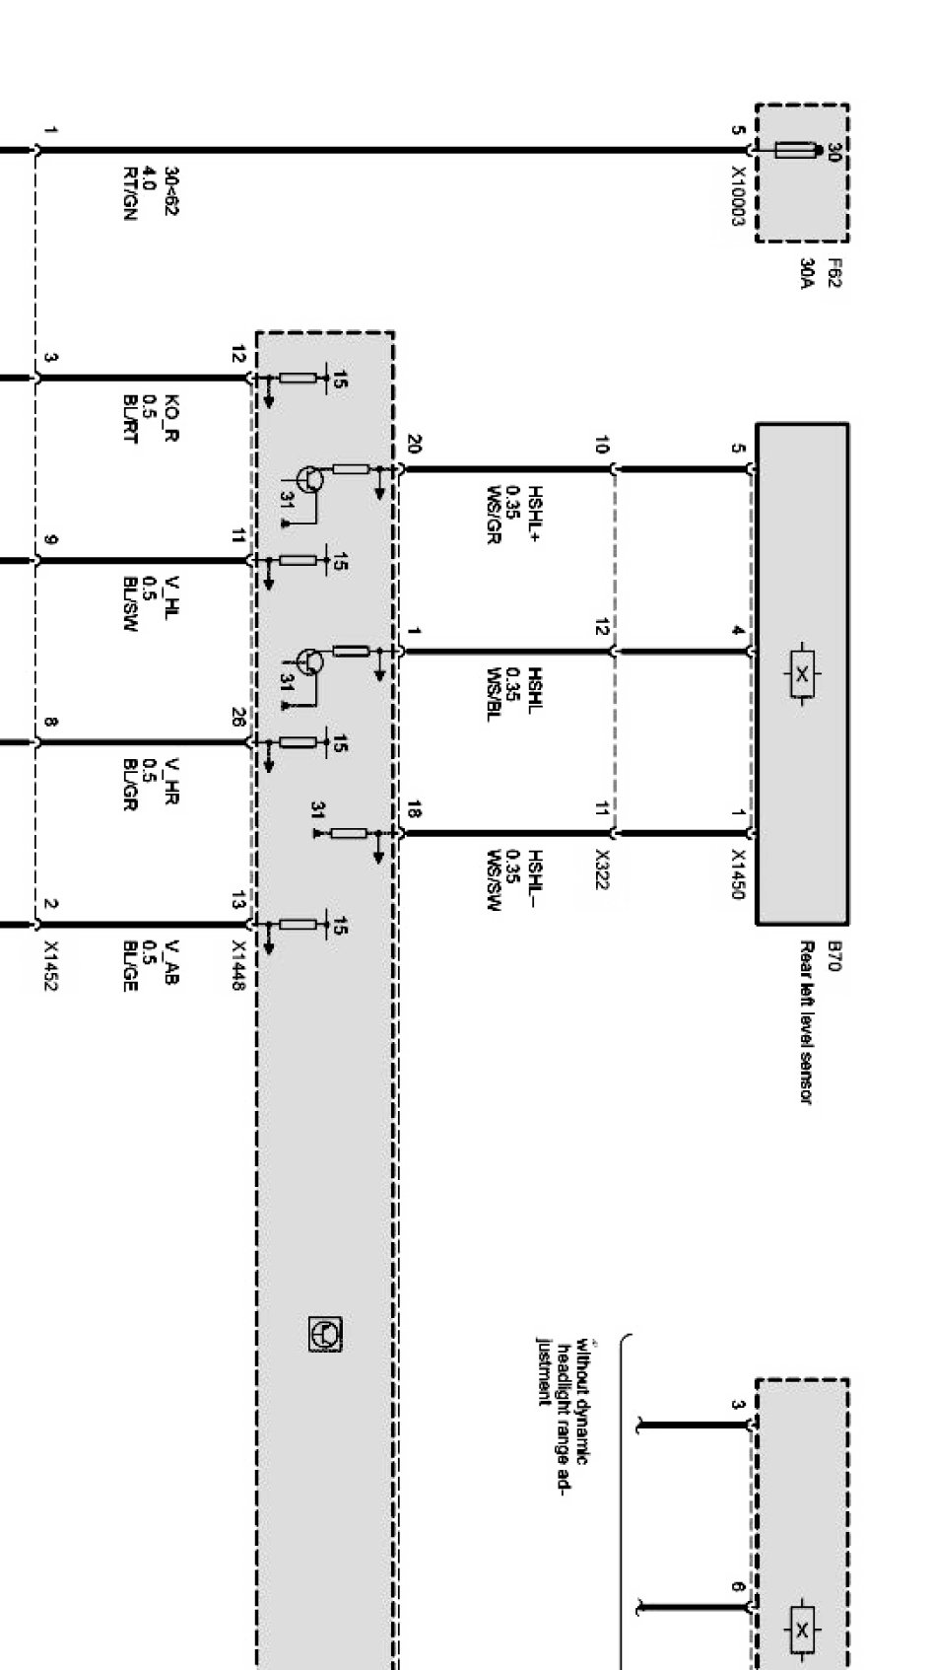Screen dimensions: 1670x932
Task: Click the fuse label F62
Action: (x=834, y=271)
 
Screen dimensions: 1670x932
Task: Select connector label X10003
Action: (x=737, y=196)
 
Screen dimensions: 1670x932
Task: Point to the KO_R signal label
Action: (x=171, y=418)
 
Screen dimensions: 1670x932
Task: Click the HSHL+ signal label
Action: (x=535, y=513)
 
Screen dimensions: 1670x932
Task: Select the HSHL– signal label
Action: (x=535, y=878)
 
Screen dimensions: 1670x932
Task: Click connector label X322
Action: (x=602, y=870)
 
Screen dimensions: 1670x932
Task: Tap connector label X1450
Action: (x=737, y=874)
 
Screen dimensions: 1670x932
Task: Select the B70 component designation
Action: (x=834, y=955)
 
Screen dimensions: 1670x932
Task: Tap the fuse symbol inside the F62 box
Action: (x=796, y=150)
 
